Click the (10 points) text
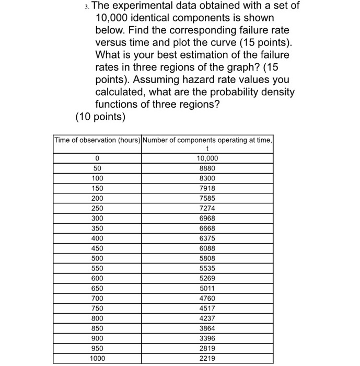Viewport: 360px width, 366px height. click(100, 117)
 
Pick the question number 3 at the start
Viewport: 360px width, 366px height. click(86, 6)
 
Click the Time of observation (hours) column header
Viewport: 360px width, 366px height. click(97, 140)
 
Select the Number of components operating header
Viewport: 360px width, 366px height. click(207, 140)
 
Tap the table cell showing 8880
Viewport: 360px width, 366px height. click(207, 168)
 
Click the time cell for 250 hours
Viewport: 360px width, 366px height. click(97, 208)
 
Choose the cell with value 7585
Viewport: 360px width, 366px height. click(207, 198)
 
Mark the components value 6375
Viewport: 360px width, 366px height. click(207, 238)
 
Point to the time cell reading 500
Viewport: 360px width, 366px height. click(97, 258)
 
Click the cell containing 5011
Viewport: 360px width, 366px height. click(207, 288)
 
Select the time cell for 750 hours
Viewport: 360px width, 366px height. click(97, 308)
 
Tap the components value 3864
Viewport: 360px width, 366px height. click(207, 328)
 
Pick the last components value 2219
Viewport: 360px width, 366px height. click(207, 358)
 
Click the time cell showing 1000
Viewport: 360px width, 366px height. click(97, 358)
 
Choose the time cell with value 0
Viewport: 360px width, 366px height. click(97, 158)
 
